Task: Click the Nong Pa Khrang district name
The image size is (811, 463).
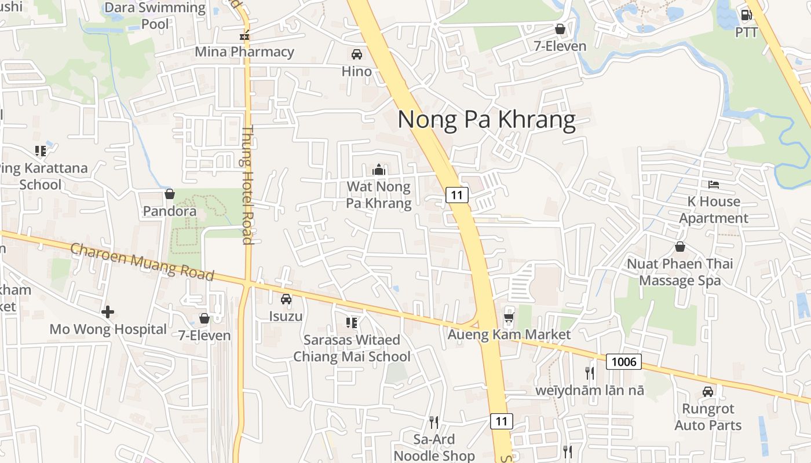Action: click(487, 120)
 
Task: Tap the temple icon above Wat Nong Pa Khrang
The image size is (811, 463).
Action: click(379, 170)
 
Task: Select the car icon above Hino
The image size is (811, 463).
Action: click(357, 54)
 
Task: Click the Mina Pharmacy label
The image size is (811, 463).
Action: click(244, 52)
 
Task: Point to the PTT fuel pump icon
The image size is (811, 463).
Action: click(747, 15)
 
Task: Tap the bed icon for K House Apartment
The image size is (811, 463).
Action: click(714, 185)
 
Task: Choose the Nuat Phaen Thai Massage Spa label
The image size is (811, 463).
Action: click(680, 272)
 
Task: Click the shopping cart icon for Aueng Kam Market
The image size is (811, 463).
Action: click(509, 317)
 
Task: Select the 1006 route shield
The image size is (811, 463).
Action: click(624, 362)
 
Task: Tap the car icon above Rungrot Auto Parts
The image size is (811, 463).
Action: click(708, 392)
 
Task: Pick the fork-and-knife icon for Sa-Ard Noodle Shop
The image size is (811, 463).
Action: click(433, 422)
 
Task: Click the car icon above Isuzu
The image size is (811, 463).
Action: click(286, 299)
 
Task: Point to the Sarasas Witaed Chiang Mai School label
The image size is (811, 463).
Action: click(352, 348)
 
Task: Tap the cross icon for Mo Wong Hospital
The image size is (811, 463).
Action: click(108, 313)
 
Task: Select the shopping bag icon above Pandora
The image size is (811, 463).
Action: click(170, 194)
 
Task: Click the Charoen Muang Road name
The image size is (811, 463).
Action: click(142, 262)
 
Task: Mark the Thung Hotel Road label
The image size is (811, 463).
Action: click(248, 185)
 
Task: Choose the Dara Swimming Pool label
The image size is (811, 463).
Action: click(155, 16)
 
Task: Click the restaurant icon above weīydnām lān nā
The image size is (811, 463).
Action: click(590, 373)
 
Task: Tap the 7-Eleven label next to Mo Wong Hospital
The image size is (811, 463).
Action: click(204, 335)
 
